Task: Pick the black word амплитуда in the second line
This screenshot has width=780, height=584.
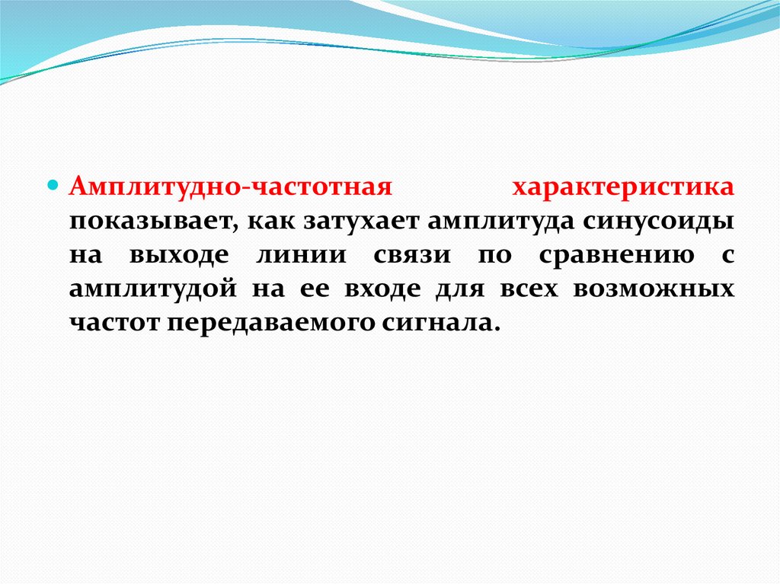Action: coord(502,222)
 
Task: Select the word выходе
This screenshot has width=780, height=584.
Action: coord(177,255)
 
